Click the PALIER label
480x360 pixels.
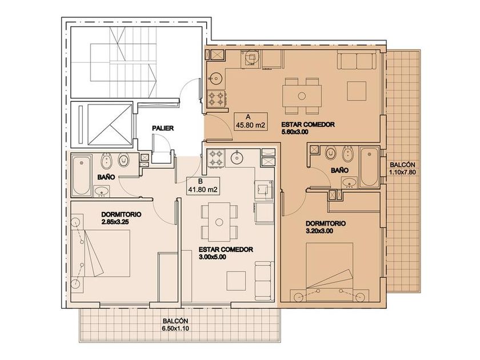pyautogui.click(x=163, y=128)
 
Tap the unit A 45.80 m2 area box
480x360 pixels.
pyautogui.click(x=250, y=121)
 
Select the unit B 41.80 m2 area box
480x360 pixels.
pyautogui.click(x=203, y=186)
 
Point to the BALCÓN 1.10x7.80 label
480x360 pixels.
pyautogui.click(x=402, y=169)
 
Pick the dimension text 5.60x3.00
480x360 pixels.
pyautogui.click(x=294, y=132)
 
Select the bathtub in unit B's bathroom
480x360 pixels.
pyautogui.click(x=81, y=175)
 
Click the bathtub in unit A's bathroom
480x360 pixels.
pyautogui.click(x=370, y=167)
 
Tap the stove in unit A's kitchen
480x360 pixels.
pyautogui.click(x=217, y=98)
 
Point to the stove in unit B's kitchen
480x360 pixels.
pyautogui.click(x=216, y=158)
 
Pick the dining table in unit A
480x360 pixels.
pyautogui.click(x=302, y=96)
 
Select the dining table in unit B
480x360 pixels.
pyautogui.click(x=219, y=222)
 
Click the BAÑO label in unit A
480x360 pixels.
pyautogui.click(x=340, y=170)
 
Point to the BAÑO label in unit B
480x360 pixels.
pyautogui.click(x=106, y=177)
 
